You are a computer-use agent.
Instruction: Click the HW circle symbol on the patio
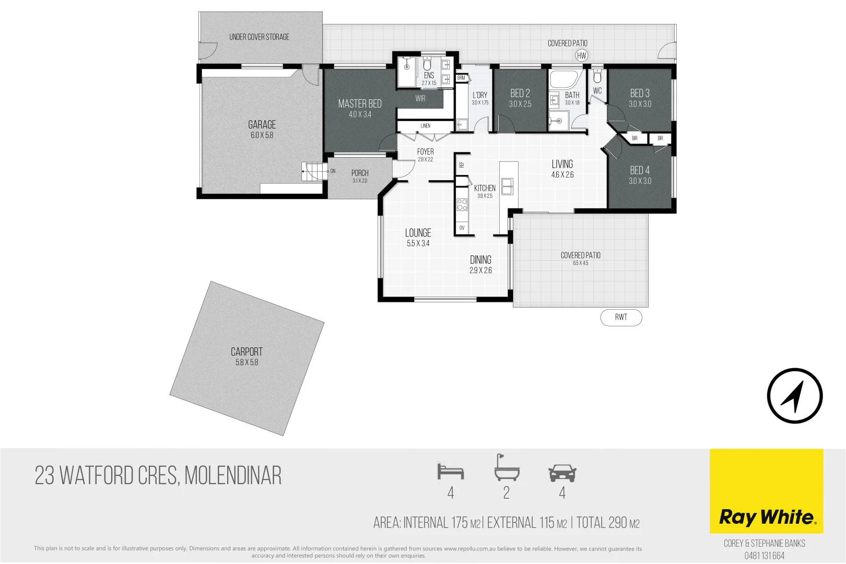tap(582, 55)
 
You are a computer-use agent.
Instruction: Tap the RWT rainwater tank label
tap(621, 317)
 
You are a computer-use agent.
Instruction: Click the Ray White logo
tap(766, 517)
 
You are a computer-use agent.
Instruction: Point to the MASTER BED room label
tap(360, 104)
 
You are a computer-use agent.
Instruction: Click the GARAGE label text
tap(262, 125)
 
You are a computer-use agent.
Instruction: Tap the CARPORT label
tap(246, 352)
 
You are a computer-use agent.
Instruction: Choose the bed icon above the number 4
tap(451, 472)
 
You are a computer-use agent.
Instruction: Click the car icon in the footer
tap(562, 473)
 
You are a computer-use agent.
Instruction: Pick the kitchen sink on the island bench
tap(507, 186)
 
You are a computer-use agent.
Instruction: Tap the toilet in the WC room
tap(597, 77)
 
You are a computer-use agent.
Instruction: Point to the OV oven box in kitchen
tap(462, 228)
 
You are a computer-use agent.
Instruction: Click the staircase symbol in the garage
tap(313, 171)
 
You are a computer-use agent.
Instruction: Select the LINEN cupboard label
tap(425, 126)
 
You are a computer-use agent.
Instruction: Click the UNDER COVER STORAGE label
tap(259, 37)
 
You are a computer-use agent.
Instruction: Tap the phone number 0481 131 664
tap(764, 556)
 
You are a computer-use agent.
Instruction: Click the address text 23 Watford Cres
tap(158, 476)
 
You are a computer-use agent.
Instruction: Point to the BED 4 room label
tap(640, 171)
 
